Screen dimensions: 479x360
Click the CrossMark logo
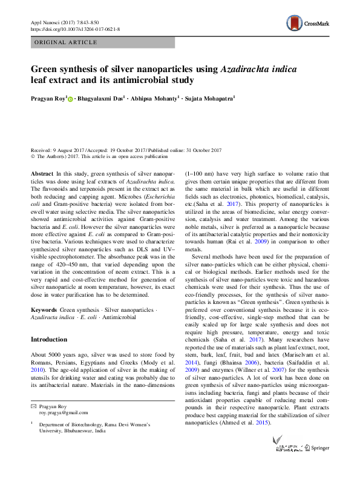pos(309,23)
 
